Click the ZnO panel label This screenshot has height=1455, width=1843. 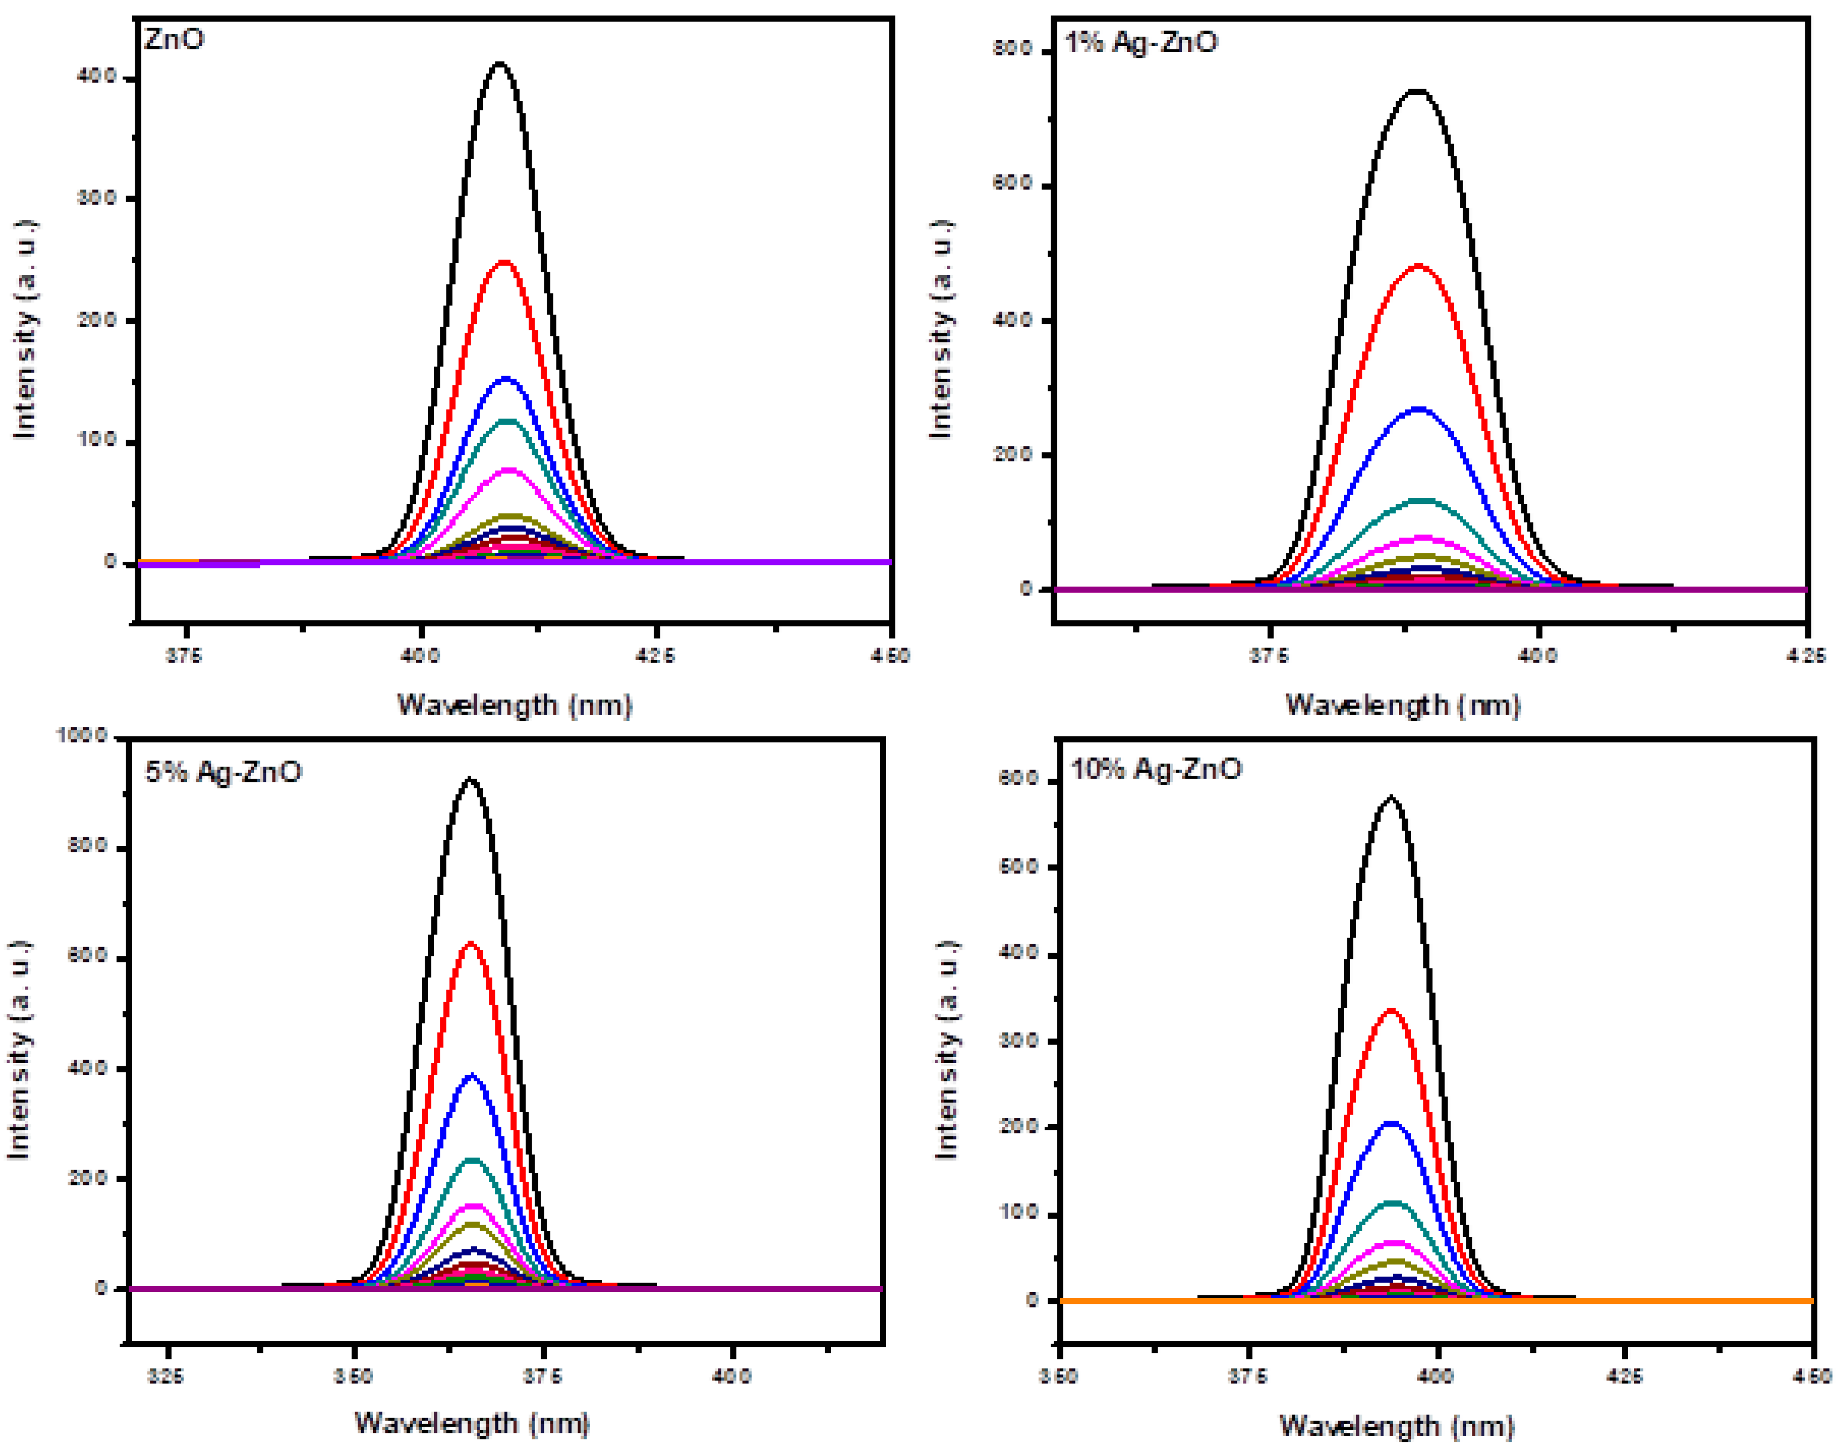click(175, 40)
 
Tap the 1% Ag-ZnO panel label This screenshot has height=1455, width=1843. click(1141, 43)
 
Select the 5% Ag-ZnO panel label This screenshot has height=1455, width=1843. click(223, 772)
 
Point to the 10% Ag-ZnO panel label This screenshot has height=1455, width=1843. click(1155, 769)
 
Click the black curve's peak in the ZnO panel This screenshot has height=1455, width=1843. click(500, 64)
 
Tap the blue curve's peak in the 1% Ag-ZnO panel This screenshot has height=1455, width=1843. click(1419, 410)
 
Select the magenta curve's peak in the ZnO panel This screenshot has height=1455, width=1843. click(508, 470)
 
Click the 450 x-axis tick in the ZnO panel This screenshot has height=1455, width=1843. click(891, 655)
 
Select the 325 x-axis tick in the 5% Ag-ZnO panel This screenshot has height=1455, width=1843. click(165, 1376)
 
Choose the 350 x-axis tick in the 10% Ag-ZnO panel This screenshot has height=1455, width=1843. click(1058, 1376)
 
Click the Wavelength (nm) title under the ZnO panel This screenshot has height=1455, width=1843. click(515, 705)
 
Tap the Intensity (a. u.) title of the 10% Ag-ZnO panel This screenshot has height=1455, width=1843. click(946, 1050)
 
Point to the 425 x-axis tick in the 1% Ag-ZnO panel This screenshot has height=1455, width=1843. click(1806, 655)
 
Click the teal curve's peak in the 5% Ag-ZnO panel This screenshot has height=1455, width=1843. click(472, 1160)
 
